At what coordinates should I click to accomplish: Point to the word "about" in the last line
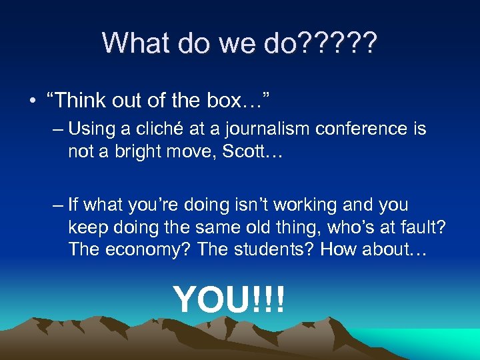point(407,251)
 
